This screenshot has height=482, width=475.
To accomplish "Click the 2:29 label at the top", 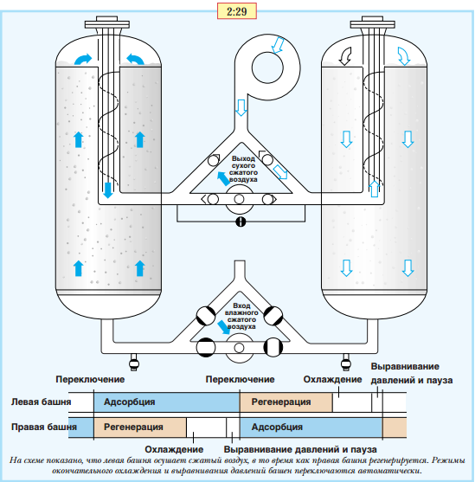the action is point(237,11).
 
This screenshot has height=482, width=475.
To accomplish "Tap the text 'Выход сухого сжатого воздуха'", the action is point(243,169).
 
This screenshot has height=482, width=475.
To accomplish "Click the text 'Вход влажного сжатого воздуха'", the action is point(241,316).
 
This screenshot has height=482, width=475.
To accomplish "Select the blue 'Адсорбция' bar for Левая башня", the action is point(167,402).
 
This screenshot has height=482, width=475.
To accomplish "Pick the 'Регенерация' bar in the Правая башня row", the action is point(140,427).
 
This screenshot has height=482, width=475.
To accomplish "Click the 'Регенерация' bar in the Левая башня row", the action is point(286,402).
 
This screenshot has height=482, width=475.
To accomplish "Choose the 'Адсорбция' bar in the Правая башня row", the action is point(311,427).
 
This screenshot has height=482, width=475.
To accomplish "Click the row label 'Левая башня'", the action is point(41,402).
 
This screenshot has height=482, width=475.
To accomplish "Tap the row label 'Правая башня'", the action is point(44,427).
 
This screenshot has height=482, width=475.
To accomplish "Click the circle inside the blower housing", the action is point(267,67).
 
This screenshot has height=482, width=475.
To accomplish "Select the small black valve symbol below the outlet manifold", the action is point(241,222).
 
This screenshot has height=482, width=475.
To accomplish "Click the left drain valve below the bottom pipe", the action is point(134,362).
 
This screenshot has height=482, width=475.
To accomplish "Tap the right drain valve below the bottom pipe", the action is point(346,362).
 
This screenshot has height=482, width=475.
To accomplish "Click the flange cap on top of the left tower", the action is point(107,22).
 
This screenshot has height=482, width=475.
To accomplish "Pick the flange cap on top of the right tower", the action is point(373,22).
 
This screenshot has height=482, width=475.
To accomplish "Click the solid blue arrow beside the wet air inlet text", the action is point(223,327).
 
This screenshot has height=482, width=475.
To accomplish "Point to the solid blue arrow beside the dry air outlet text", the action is point(223,179).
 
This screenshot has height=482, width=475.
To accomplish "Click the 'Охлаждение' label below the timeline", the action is point(174,449).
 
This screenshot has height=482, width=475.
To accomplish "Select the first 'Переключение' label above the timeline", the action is point(90,379).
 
